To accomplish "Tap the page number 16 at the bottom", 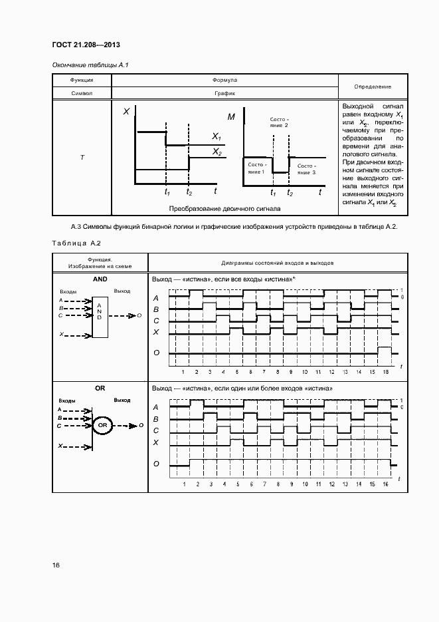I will (56, 565).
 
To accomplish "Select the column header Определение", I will (372, 87).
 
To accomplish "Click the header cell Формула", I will (224, 80).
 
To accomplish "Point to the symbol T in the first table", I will (82, 158).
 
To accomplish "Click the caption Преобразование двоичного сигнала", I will (224, 208).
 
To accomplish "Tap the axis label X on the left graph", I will (126, 112).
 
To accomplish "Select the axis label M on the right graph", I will (231, 117).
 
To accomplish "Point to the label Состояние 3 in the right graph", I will (306, 169).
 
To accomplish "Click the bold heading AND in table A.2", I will (100, 280).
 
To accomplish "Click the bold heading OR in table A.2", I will (100, 388).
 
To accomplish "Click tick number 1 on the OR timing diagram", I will (183, 484).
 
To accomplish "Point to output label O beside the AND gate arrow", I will (139, 315).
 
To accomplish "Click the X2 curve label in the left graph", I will (217, 152).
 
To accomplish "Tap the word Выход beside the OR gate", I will (122, 401).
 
